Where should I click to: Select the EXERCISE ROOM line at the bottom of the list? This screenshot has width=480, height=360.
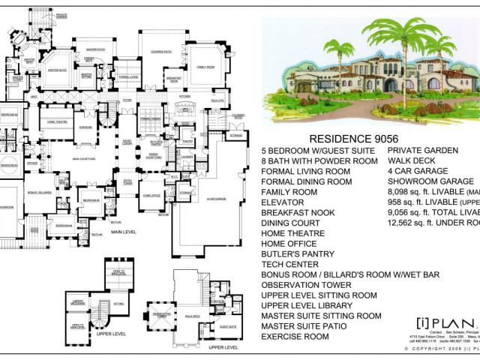(x=295, y=337)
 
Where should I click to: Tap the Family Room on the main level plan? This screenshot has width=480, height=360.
(x=206, y=67)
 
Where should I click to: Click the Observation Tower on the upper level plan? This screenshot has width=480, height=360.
(x=160, y=314)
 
